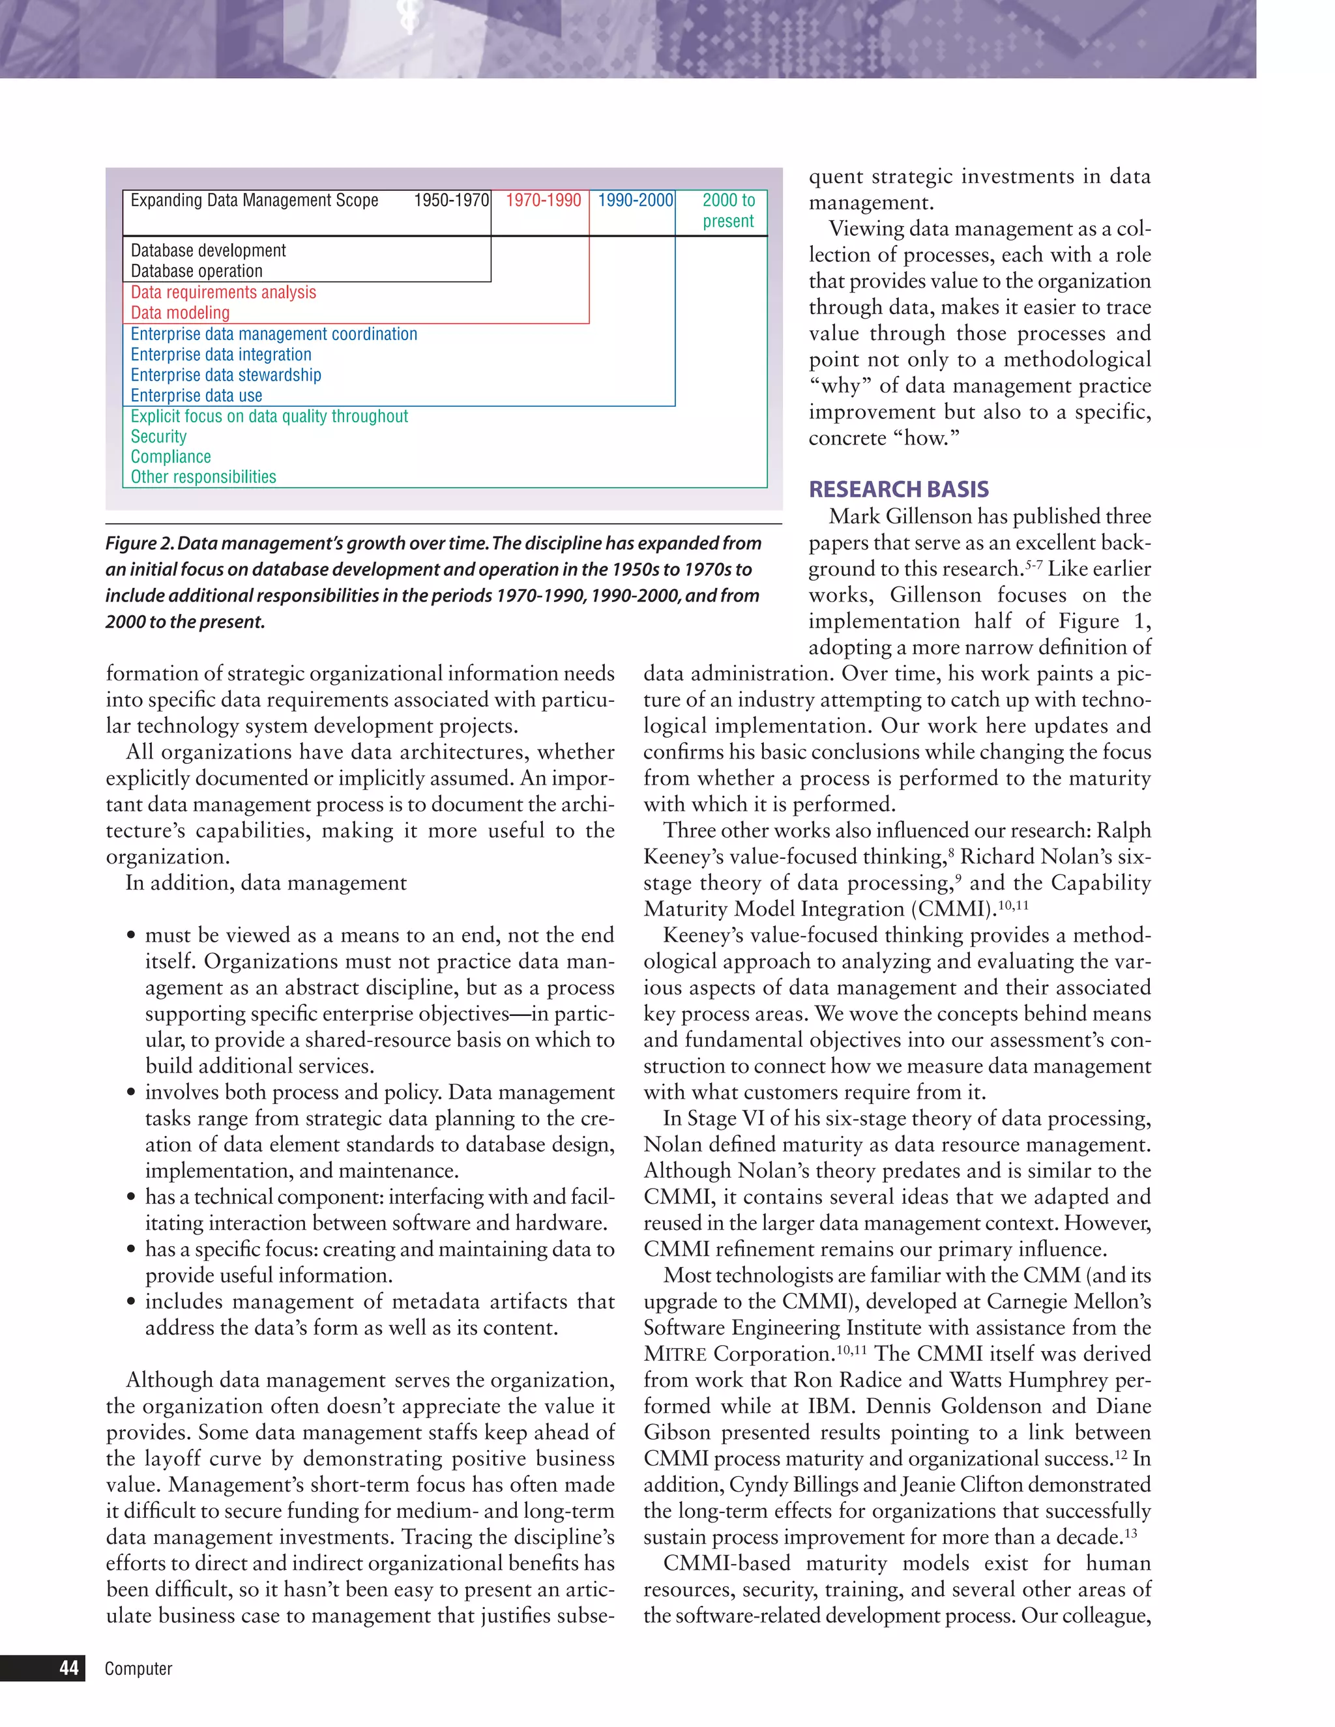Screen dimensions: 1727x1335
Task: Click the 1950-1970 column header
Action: point(452,200)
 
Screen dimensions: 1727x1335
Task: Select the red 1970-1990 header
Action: point(544,200)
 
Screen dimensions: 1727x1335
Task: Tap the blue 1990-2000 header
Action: point(635,200)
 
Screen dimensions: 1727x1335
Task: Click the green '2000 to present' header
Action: point(728,210)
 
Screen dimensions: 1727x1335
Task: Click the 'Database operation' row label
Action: point(196,271)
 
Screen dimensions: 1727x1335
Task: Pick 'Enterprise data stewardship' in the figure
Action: point(226,375)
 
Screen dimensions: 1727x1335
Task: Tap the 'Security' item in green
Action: point(158,437)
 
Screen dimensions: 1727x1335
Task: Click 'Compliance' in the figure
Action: point(170,457)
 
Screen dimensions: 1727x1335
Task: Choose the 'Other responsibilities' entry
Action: point(203,477)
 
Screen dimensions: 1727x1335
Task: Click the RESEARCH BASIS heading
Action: point(898,489)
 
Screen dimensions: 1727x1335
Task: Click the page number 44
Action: point(69,1668)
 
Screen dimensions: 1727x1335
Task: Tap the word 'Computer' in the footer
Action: point(138,1668)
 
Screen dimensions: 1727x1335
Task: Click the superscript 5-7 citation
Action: point(1033,564)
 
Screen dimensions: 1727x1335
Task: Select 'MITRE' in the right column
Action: point(675,1355)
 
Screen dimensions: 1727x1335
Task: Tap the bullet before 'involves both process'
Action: point(131,1093)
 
